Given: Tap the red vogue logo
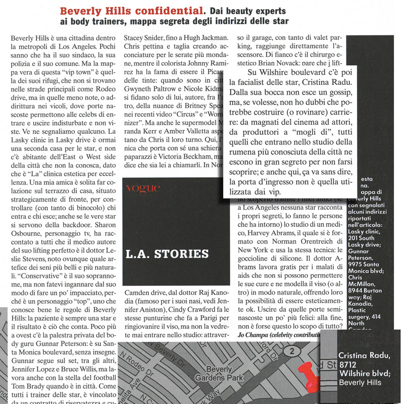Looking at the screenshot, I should pos(143,189).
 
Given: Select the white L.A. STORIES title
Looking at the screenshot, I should pos(167,254).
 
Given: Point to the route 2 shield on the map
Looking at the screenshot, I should pos(291,350).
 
